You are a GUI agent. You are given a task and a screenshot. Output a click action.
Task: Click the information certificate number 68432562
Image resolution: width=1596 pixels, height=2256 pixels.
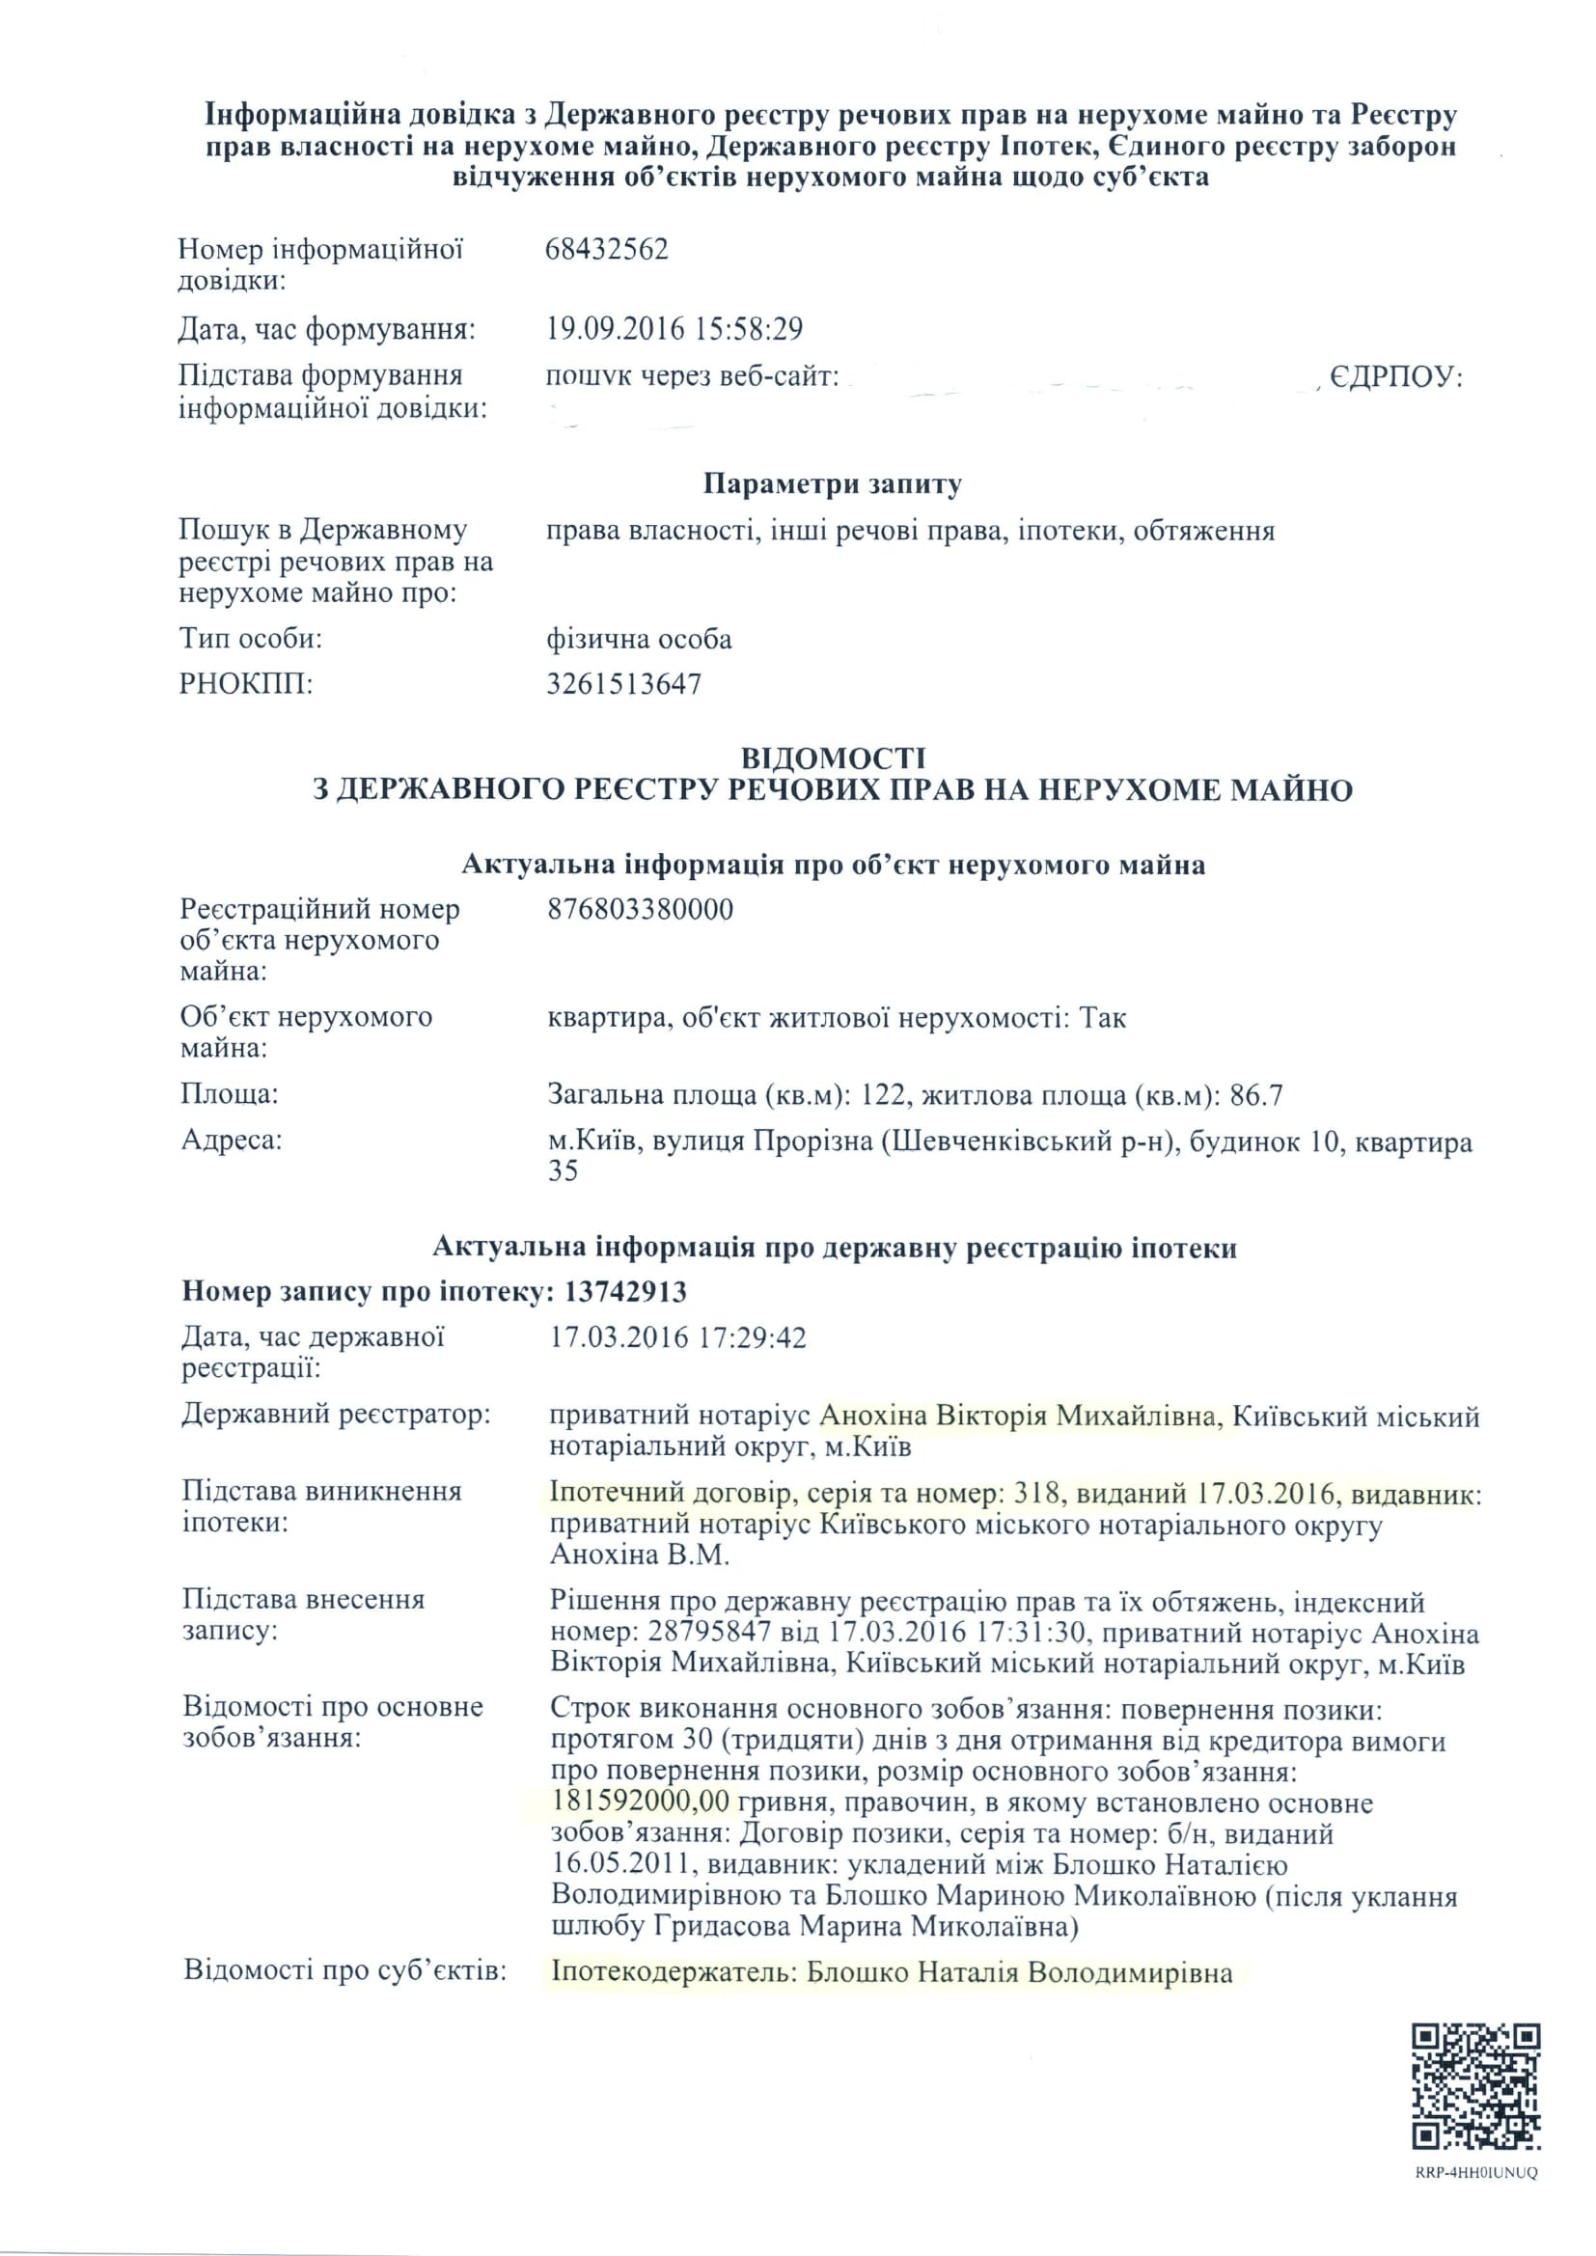pos(606,250)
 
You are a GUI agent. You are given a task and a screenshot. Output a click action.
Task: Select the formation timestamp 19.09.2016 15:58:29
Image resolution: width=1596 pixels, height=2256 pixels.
pos(674,328)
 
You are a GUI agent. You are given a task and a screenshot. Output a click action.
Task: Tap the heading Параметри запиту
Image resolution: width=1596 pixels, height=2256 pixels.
pos(833,483)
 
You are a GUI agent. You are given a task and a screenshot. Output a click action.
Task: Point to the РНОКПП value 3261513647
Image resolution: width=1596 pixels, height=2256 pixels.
pos(624,684)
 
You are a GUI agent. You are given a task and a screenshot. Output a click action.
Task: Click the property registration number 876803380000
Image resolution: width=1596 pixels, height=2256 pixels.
pos(640,909)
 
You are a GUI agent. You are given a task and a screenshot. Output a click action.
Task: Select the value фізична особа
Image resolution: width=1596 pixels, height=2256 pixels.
pos(639,640)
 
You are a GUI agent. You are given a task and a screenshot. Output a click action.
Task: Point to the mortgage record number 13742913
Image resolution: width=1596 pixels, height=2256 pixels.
pos(625,1291)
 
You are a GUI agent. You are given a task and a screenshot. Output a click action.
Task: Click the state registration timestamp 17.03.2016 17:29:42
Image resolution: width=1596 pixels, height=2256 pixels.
pos(678,1337)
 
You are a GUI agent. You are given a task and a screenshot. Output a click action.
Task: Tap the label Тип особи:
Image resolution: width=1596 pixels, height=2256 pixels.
pos(251,640)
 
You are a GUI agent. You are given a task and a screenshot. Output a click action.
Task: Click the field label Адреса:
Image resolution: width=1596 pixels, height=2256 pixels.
pos(232,1140)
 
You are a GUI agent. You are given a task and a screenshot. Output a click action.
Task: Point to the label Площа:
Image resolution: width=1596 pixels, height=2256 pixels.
pos(229,1093)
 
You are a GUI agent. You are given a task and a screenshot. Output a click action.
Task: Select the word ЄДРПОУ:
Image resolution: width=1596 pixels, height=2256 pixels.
pos(1396,377)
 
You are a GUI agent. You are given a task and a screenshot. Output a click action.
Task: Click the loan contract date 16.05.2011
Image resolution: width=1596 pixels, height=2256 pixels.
pos(622,1865)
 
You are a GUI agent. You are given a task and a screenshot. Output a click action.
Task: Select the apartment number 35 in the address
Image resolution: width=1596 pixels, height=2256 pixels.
pos(564,1171)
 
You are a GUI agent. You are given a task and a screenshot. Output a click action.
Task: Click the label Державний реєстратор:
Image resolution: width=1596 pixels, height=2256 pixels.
pos(336,1415)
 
